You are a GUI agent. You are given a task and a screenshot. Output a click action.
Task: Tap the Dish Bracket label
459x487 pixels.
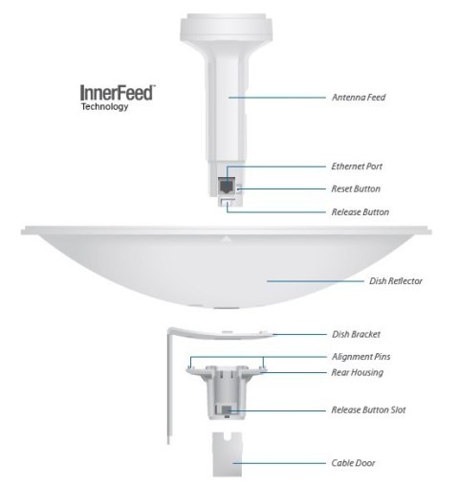click(355, 335)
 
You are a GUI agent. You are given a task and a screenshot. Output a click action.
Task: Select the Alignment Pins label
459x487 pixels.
click(359, 356)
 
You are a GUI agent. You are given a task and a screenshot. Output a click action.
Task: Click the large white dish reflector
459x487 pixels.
click(229, 273)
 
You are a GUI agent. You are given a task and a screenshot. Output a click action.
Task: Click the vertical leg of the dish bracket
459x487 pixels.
click(171, 402)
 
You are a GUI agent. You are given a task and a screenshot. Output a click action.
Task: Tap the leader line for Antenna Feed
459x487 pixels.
click(283, 97)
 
